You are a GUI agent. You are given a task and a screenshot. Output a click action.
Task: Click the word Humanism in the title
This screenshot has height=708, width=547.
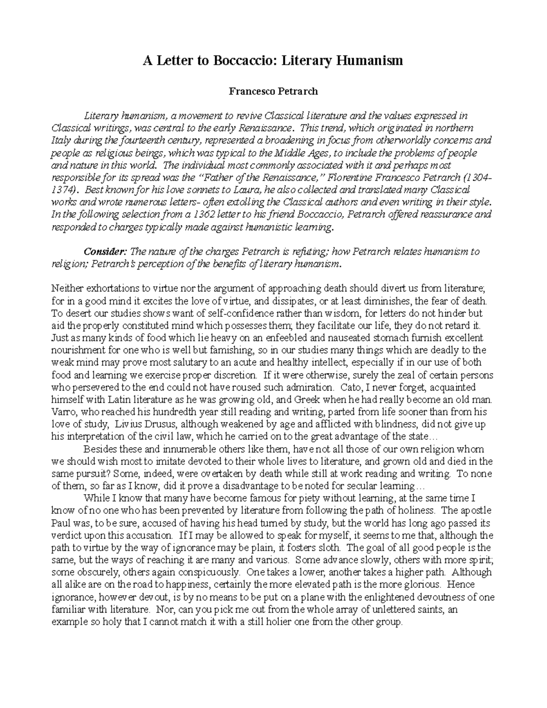[370, 60]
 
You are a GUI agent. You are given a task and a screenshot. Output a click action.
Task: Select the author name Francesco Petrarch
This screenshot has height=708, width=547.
[273, 91]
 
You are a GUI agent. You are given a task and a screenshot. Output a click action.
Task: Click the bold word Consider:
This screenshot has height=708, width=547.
[106, 251]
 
